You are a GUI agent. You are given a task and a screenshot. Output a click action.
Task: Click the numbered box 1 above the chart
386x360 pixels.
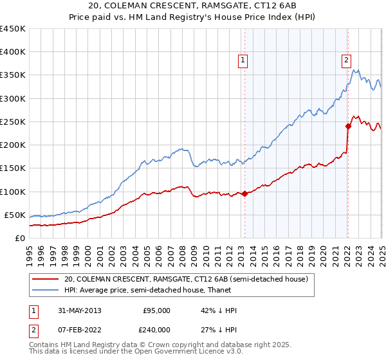243,60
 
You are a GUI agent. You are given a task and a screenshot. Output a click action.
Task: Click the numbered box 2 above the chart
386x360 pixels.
346,60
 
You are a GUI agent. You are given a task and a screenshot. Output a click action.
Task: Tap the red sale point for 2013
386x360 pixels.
245,194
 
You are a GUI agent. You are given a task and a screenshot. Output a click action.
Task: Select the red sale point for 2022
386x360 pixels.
348,126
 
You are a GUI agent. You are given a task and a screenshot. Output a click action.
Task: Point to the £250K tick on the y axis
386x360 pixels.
13,122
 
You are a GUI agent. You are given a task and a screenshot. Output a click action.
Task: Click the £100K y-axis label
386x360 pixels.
13,192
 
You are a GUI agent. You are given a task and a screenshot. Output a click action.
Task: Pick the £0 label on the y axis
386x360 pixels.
20,238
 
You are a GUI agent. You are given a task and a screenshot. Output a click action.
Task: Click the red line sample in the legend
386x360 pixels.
46,279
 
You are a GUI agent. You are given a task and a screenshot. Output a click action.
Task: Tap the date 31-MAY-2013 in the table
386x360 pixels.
80,310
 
